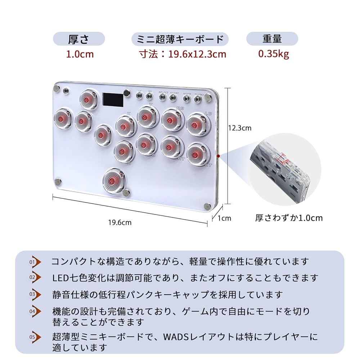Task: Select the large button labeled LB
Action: coord(195,125)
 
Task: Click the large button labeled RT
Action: coord(171,147)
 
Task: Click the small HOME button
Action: coord(187,98)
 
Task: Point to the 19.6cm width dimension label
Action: coord(120,222)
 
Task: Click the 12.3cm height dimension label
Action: coord(240,128)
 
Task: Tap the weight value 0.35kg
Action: coord(274,54)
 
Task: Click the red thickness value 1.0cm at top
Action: coord(80,54)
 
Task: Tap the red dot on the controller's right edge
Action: coord(219,156)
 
